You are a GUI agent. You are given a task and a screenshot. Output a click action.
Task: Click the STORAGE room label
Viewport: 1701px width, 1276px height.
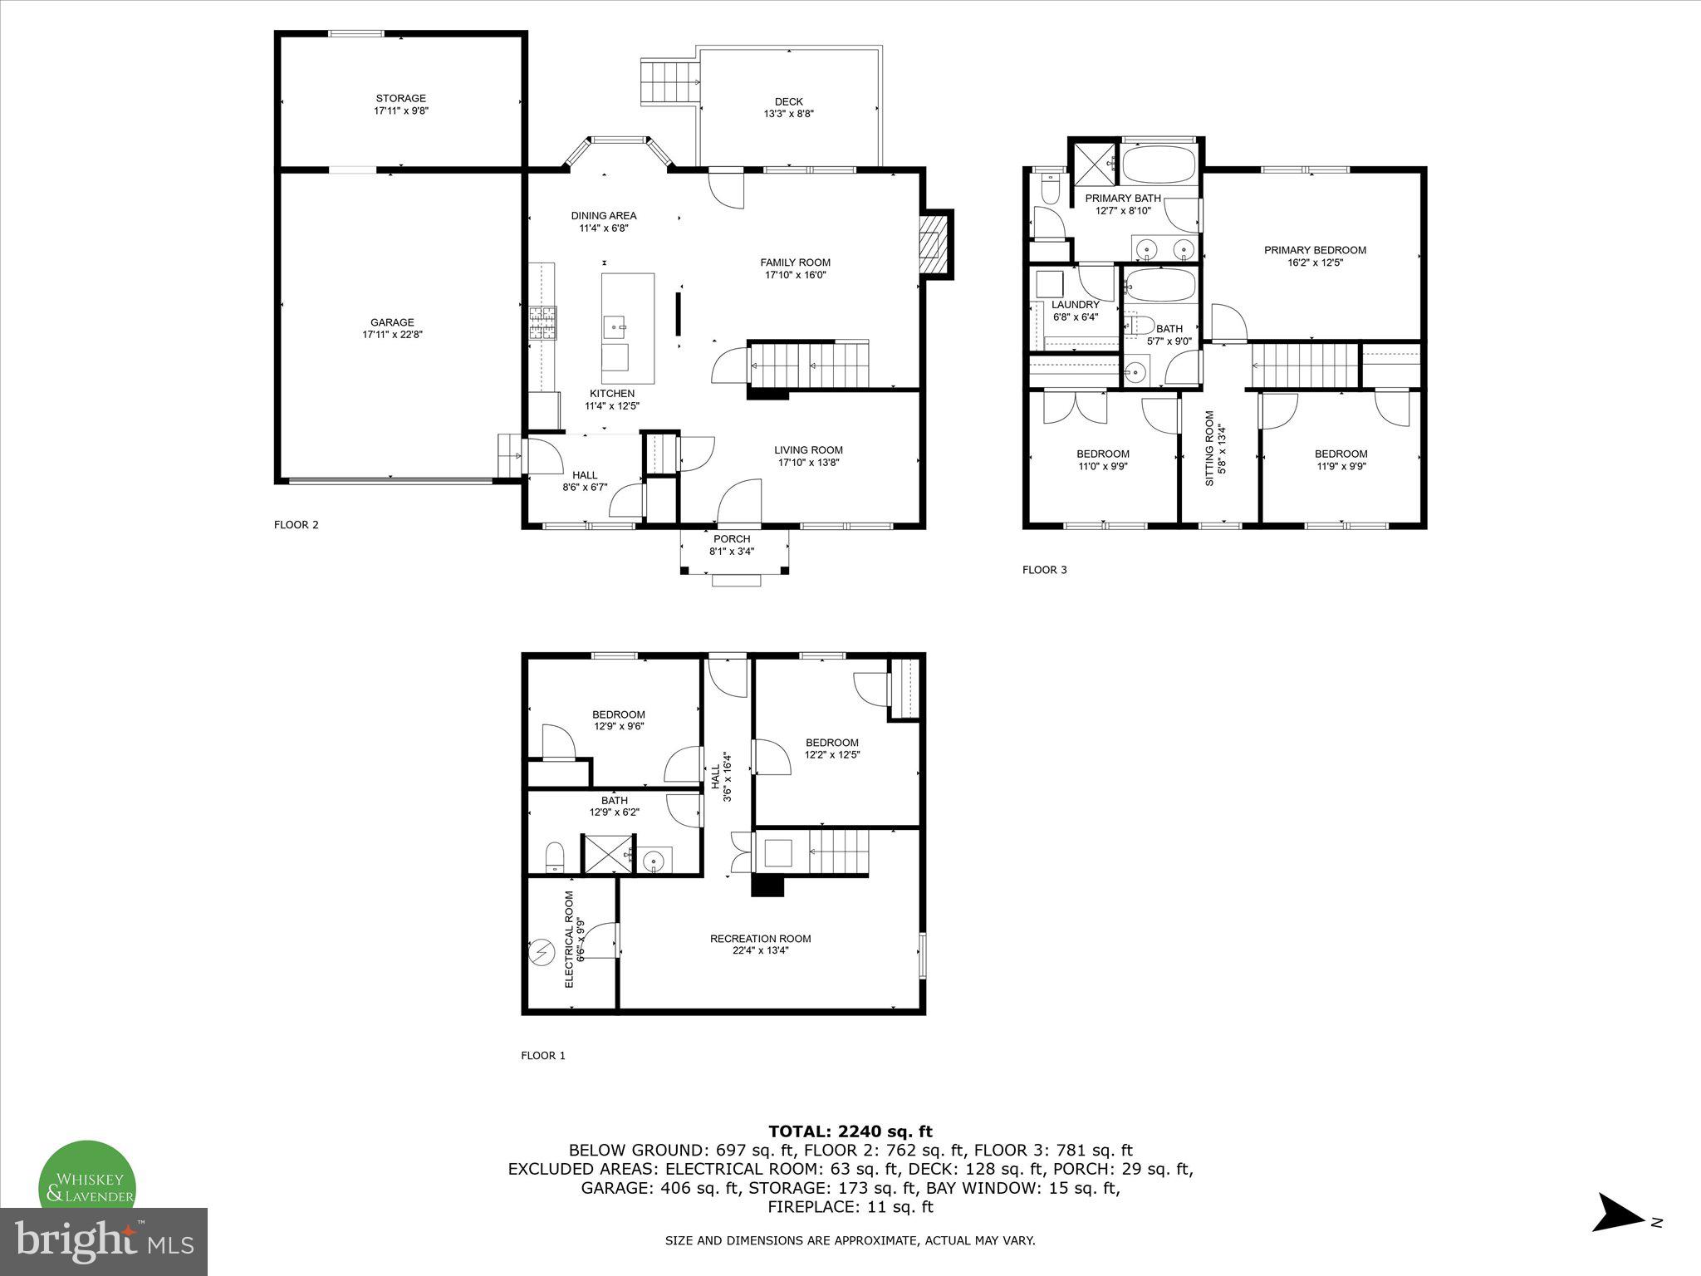(400, 98)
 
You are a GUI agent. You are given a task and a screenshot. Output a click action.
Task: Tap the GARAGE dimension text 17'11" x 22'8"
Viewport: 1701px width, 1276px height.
(392, 335)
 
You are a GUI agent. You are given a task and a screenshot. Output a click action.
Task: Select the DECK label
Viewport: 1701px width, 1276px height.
(788, 102)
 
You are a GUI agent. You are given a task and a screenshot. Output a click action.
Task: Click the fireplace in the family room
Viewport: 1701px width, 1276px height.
(935, 243)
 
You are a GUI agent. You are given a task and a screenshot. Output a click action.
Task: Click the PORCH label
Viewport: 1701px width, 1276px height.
(731, 539)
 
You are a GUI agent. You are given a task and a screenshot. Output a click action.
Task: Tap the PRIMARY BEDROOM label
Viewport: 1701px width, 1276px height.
(1315, 250)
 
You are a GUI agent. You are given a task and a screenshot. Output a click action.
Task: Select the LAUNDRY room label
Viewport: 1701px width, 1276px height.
(1075, 305)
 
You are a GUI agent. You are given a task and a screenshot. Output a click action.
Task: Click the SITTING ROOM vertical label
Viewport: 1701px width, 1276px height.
(1209, 449)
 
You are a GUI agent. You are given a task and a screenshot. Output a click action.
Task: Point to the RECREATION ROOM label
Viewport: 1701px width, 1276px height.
(760, 939)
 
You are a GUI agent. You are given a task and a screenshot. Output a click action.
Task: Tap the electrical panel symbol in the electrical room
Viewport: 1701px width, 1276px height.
(542, 951)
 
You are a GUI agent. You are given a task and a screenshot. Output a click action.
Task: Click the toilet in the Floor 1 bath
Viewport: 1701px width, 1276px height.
(555, 856)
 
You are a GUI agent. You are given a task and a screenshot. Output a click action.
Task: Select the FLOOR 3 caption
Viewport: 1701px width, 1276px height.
(1044, 570)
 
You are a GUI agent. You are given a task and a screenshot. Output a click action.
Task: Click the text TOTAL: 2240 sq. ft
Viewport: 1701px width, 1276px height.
(850, 1131)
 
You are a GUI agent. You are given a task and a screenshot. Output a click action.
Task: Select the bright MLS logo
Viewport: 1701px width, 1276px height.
(104, 1241)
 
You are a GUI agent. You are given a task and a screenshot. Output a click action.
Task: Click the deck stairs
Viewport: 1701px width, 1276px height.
(668, 82)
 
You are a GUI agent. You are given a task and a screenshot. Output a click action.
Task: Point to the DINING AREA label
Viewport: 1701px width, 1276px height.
(603, 216)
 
